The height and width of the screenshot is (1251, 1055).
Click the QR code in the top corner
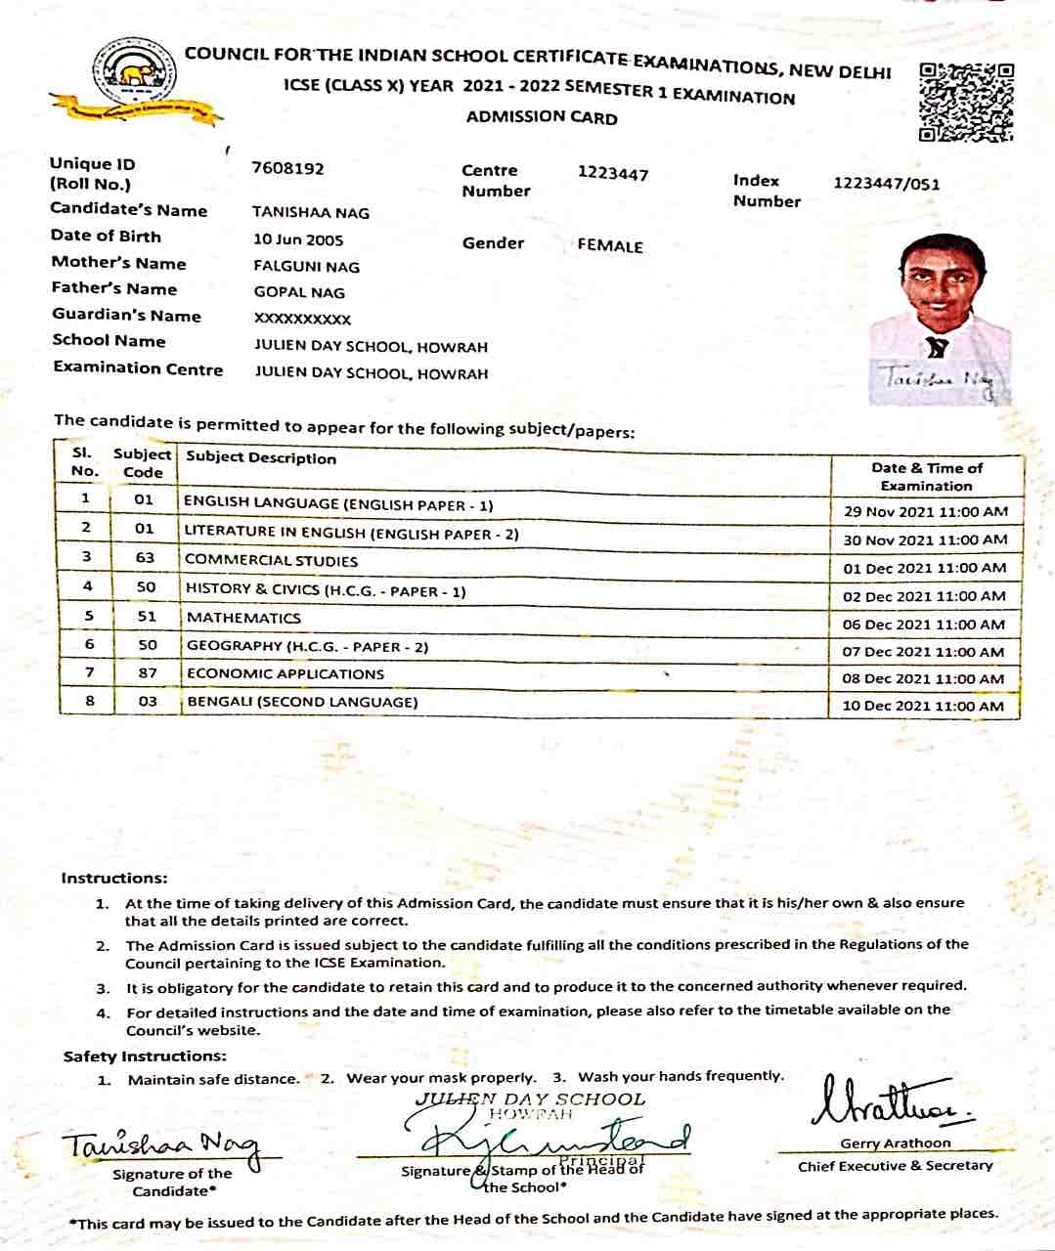point(966,103)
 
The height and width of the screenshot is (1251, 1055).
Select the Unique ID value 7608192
point(287,168)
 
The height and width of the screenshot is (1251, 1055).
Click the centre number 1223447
point(613,174)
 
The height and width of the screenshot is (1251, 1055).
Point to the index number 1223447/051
point(887,184)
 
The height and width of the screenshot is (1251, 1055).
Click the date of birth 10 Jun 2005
point(298,239)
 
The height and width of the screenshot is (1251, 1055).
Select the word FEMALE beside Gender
point(610,246)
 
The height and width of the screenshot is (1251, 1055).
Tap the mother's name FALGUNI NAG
point(306,267)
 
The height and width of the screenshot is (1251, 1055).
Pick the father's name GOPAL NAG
point(299,292)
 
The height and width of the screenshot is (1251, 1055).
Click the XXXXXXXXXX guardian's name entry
point(302,319)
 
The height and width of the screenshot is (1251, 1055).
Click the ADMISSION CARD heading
point(542,117)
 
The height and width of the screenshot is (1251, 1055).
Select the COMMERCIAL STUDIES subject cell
point(271,561)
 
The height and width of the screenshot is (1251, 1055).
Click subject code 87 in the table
point(147,673)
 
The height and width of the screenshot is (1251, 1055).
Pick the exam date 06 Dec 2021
point(923,625)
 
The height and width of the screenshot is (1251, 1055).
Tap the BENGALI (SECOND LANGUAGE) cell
point(302,702)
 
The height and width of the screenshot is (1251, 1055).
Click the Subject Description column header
point(261,458)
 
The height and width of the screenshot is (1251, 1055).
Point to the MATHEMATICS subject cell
point(243,618)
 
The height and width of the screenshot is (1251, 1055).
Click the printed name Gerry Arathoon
point(895,1143)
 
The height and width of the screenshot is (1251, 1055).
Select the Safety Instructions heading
point(145,1057)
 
